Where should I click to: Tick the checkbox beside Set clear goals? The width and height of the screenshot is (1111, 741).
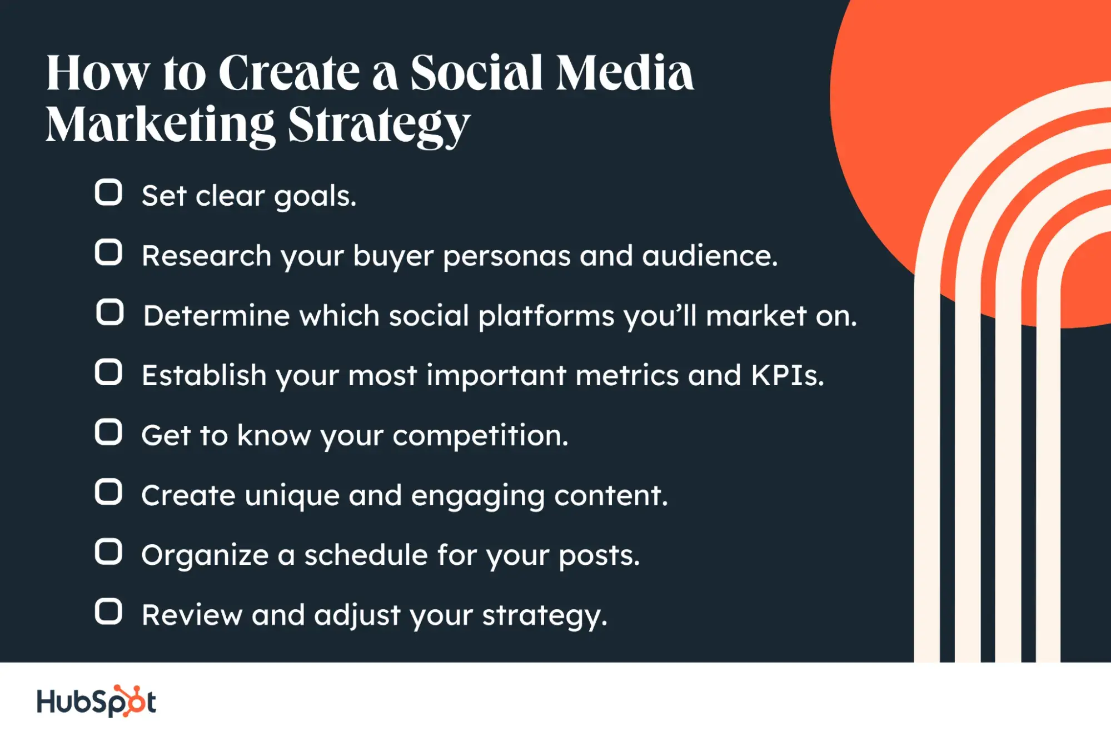108,192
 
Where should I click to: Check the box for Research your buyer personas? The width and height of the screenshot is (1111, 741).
108,252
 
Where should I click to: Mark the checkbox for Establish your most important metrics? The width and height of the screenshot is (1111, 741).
108,372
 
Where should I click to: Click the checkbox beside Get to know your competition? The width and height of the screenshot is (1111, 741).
108,432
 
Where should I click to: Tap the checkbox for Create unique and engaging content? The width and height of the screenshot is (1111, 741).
108,491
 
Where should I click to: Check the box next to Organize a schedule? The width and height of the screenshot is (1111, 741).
108,551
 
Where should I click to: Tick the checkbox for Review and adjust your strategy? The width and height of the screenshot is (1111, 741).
108,611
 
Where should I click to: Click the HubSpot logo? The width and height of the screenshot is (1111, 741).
96,701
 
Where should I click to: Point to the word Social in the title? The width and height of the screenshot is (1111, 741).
476,73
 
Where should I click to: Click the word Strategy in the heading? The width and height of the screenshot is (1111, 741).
379,126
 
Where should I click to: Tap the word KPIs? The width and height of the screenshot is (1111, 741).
788,375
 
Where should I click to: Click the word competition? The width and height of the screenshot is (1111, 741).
480,435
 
